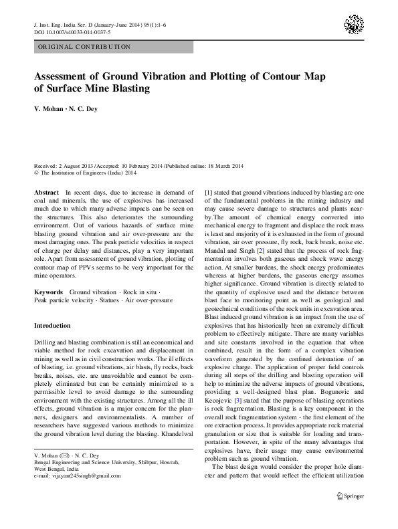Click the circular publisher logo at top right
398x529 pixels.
click(x=354, y=25)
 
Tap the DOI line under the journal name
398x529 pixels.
click(x=72, y=32)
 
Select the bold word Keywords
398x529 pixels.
click(x=49, y=292)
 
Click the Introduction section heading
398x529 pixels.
click(x=52, y=326)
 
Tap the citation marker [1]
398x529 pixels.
click(x=208, y=192)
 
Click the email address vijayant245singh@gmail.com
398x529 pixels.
click(x=80, y=457)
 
